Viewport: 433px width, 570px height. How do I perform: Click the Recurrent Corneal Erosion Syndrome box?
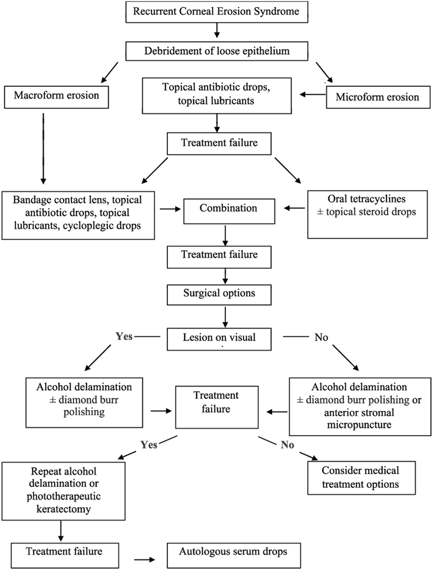point(217,12)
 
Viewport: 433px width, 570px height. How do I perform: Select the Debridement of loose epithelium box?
point(217,51)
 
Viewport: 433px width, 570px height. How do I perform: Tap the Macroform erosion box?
point(56,97)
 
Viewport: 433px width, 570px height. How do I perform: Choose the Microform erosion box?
point(378,97)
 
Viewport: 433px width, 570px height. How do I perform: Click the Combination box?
point(229,211)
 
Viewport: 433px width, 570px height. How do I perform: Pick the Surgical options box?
point(219,295)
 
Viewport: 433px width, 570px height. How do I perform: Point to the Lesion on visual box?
point(219,339)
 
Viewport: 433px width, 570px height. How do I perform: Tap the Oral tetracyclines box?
point(367,214)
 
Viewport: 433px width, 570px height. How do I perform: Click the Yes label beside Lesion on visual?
point(124,337)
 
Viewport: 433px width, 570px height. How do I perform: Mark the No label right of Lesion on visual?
point(321,337)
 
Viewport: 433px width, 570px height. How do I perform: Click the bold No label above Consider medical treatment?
point(288,445)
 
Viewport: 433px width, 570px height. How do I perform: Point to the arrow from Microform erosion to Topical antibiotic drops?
point(312,95)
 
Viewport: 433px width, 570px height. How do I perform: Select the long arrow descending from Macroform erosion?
point(44,148)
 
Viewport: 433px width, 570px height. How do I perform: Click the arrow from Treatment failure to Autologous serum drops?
point(145,559)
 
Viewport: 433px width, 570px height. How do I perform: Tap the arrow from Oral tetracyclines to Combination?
point(294,208)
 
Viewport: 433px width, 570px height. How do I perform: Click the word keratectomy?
point(63,509)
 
